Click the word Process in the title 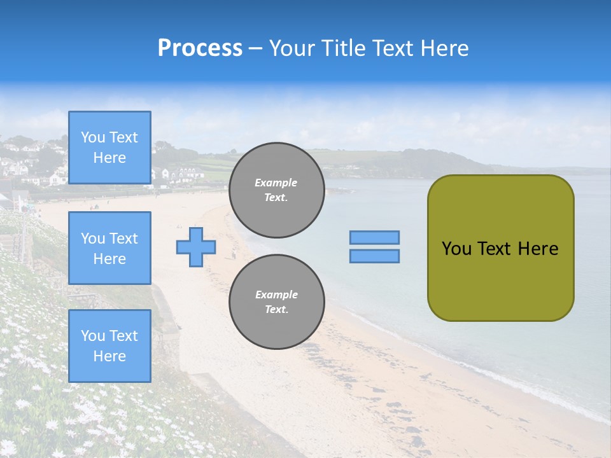click(200, 48)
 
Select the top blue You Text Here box click(109, 148)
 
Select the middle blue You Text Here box click(109, 248)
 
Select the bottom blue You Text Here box click(109, 346)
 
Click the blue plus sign click(196, 247)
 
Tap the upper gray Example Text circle click(276, 190)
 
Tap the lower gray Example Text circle click(276, 302)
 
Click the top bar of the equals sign click(374, 238)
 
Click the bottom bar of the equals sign click(374, 256)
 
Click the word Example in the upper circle click(276, 183)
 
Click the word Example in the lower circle click(276, 295)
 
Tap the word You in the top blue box click(93, 137)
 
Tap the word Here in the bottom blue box click(109, 356)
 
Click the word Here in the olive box click(538, 249)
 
